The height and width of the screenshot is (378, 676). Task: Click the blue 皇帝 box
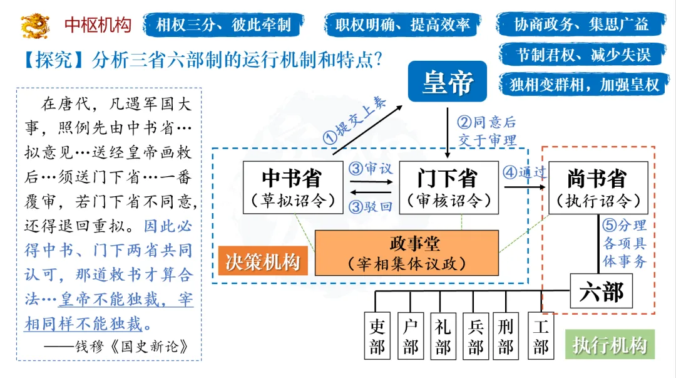(447, 81)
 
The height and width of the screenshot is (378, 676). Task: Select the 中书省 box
(291, 187)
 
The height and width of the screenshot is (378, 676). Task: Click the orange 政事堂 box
(406, 253)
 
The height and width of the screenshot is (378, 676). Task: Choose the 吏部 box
(377, 336)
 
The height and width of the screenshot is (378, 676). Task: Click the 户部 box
(411, 336)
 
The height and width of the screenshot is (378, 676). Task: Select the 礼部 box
(443, 336)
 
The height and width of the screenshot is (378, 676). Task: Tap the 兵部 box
(476, 336)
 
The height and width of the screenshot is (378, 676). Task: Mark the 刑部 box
(506, 336)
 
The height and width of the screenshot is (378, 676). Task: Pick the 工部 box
(540, 336)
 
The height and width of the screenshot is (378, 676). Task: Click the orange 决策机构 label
(263, 261)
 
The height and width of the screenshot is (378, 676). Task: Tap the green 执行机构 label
(609, 345)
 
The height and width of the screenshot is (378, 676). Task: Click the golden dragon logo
(35, 25)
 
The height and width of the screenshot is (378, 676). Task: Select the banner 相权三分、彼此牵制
(223, 25)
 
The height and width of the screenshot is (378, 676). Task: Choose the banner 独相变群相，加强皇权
(584, 85)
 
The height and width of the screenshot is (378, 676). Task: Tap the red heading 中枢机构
(98, 25)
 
